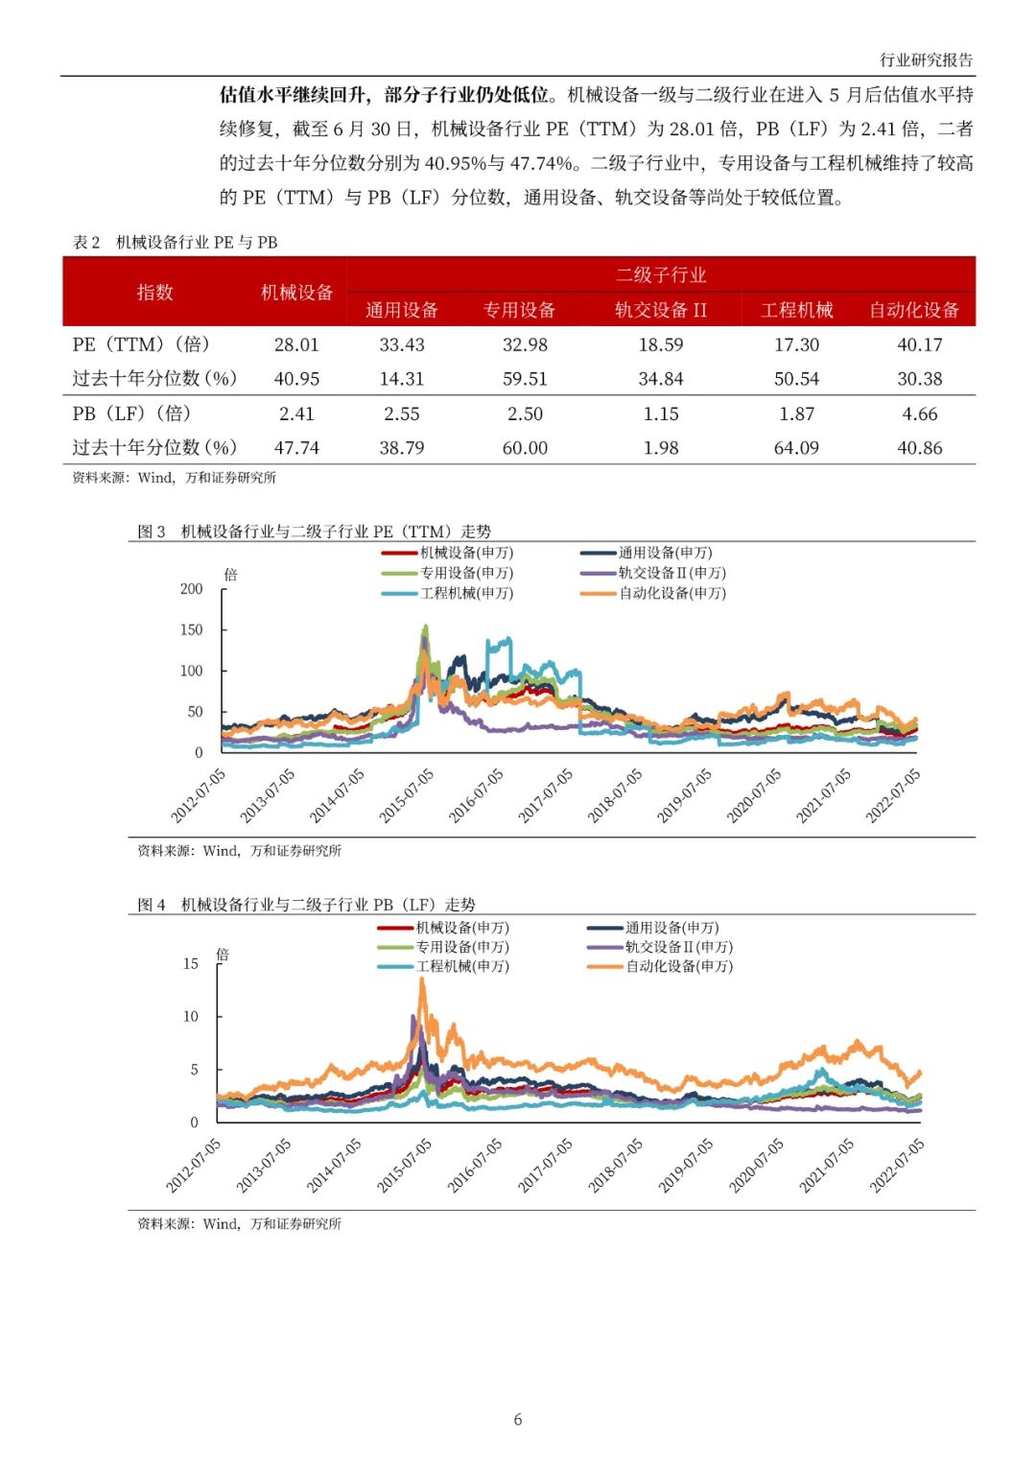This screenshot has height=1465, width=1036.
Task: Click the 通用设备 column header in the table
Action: tap(401, 310)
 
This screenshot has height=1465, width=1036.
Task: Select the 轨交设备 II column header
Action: tap(660, 310)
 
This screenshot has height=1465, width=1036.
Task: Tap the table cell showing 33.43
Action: tap(401, 344)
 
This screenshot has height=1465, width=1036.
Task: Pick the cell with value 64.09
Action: tap(796, 448)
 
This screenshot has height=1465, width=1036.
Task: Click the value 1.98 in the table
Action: tap(660, 448)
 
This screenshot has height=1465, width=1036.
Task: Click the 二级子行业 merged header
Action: tap(660, 275)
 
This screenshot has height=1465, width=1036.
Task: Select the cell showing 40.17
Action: tap(919, 344)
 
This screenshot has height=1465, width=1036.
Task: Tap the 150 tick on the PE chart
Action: tap(192, 629)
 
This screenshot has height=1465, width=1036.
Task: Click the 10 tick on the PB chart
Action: tap(191, 1016)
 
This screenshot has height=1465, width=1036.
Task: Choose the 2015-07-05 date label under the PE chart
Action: tap(407, 795)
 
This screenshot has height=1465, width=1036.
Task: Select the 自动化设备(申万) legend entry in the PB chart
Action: tap(679, 966)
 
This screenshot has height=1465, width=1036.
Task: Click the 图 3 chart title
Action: tap(314, 532)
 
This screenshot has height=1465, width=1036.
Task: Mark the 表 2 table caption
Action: tap(175, 242)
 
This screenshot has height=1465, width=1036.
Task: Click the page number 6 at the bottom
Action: tap(518, 1419)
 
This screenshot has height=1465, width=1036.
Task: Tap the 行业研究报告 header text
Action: tap(926, 59)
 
